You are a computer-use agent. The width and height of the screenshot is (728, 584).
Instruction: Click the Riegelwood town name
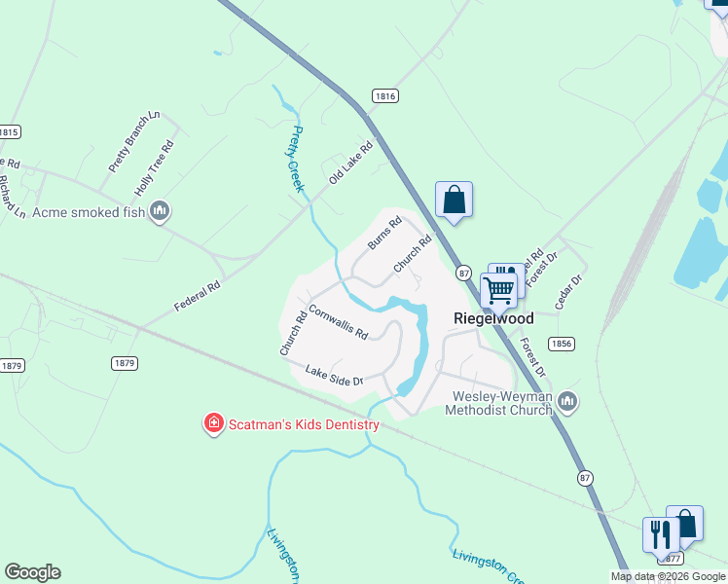pos(493,318)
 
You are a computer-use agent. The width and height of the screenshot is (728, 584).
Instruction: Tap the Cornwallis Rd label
pos(338,322)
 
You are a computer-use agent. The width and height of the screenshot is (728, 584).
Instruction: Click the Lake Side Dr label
pos(333,375)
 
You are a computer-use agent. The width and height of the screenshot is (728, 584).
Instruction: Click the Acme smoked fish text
pos(89,211)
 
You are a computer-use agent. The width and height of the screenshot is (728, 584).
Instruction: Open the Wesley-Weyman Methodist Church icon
pos(568,401)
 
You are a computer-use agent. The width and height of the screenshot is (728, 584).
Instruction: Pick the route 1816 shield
pos(385,95)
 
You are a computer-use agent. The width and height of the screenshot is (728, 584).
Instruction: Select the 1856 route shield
pos(561,344)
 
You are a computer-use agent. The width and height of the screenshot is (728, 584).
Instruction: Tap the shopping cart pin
pos(499,289)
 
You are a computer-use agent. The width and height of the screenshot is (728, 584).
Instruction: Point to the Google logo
pos(32,572)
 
